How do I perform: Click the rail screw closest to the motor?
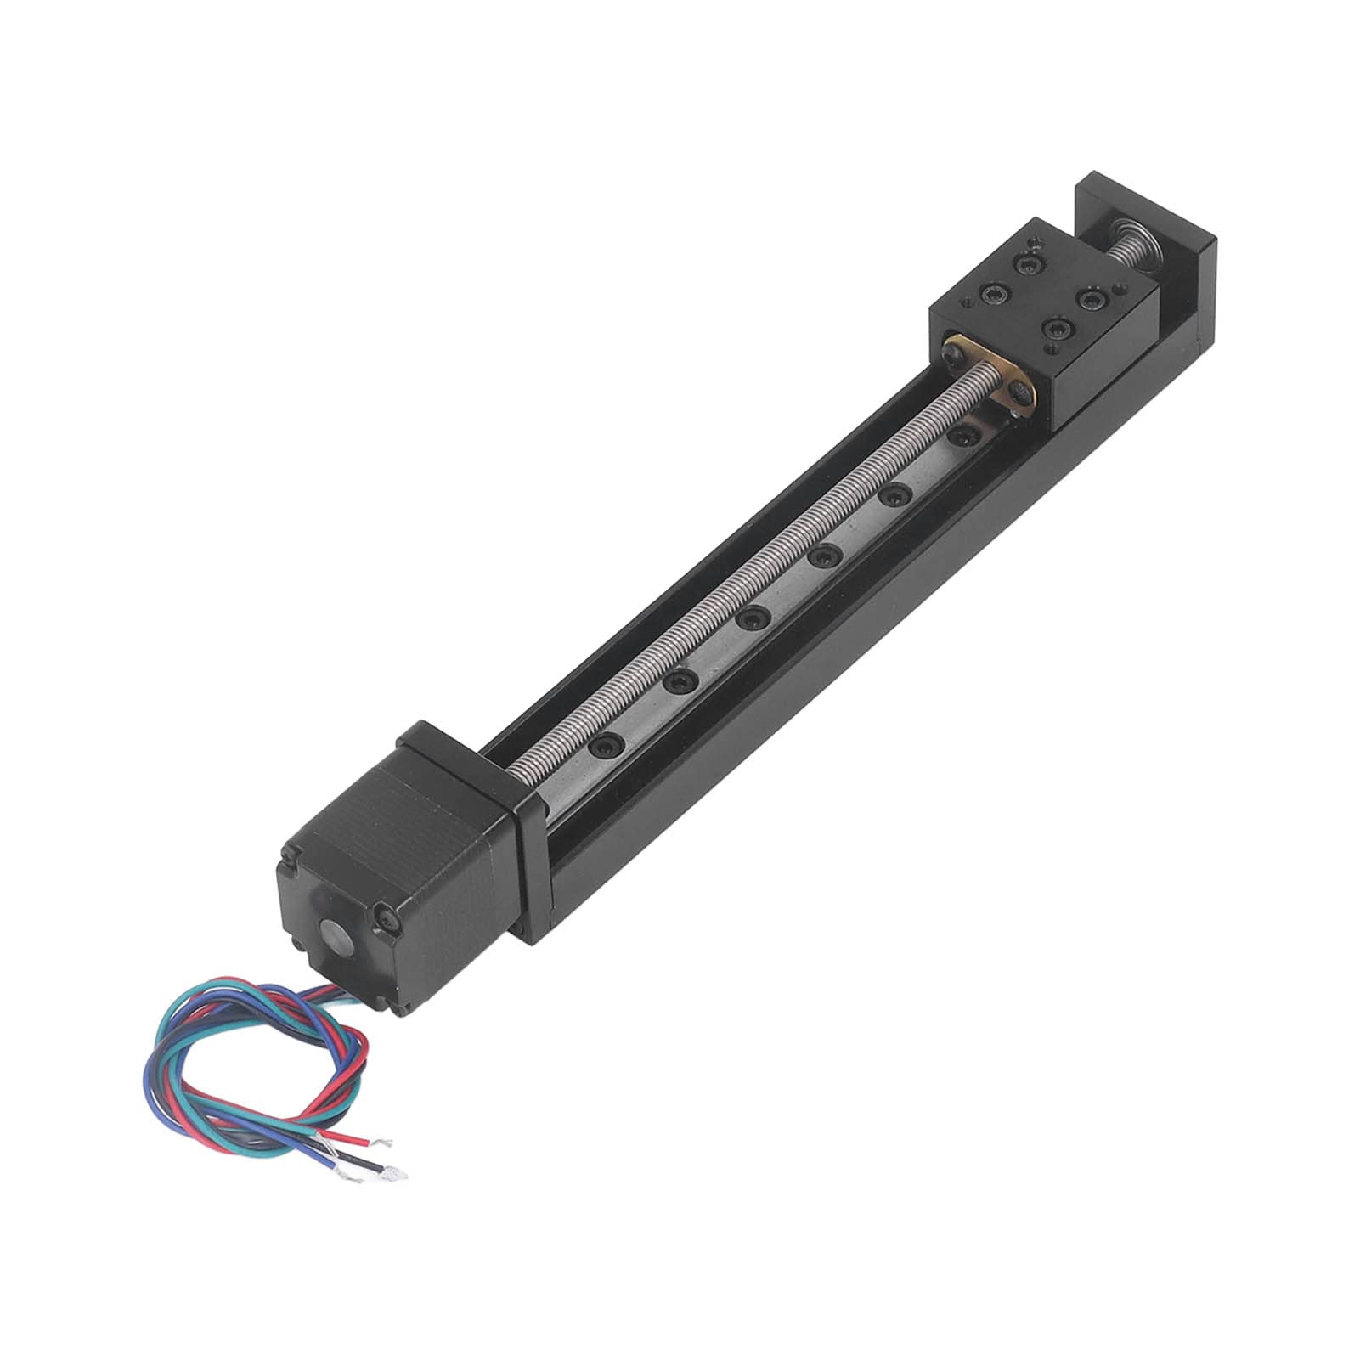click(606, 745)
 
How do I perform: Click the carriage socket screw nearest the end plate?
click(1029, 267)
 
